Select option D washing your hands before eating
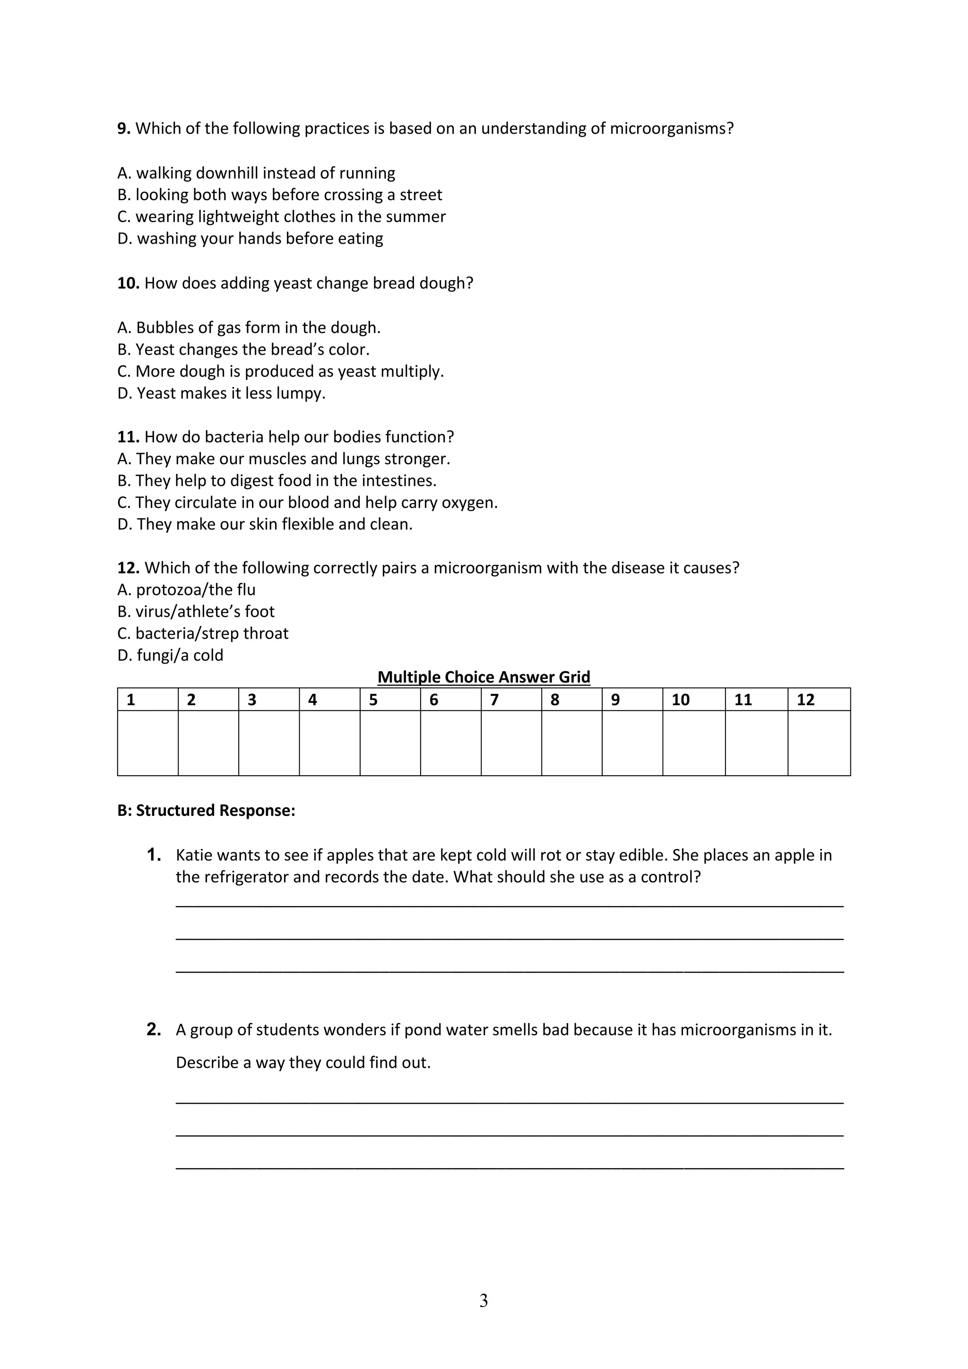(250, 239)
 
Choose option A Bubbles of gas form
(249, 328)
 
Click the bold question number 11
(128, 437)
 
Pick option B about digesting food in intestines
(277, 480)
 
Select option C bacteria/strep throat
(203, 633)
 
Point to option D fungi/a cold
(170, 655)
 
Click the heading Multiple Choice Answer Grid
(484, 677)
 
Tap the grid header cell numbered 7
(511, 700)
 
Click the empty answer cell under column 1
(147, 743)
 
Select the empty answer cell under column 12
(819, 743)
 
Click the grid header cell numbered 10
(694, 700)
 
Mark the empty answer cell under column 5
(390, 743)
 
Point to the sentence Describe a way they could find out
(303, 1062)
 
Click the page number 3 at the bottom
(484, 1301)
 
